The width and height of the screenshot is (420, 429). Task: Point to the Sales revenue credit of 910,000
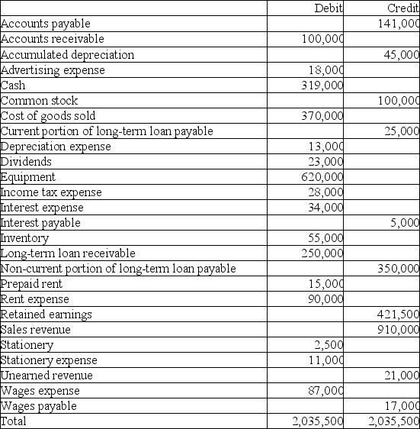(x=398, y=329)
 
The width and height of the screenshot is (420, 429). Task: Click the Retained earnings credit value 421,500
(x=398, y=314)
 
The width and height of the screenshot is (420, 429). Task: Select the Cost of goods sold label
(x=46, y=115)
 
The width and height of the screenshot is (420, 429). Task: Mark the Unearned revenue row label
(x=46, y=375)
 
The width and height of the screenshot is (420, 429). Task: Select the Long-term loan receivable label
(x=68, y=253)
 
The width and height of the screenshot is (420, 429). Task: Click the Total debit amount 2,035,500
(x=318, y=421)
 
